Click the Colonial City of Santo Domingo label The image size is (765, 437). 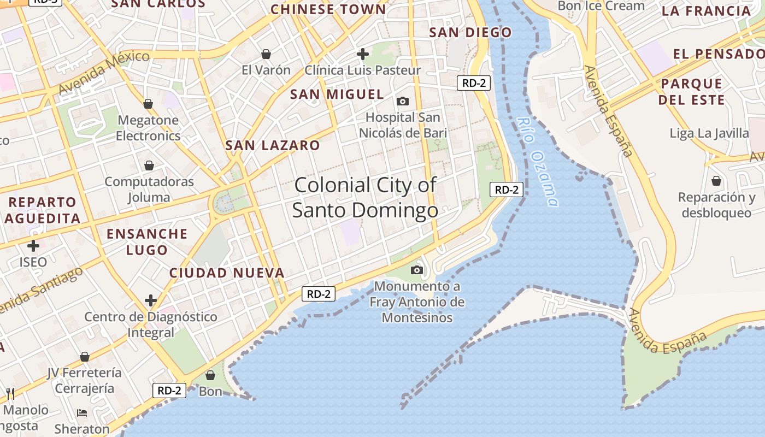pyautogui.click(x=365, y=197)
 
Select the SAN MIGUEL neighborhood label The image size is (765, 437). pyautogui.click(x=337, y=94)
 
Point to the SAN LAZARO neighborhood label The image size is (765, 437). pyautogui.click(x=273, y=145)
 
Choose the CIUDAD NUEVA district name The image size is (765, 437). pyautogui.click(x=227, y=273)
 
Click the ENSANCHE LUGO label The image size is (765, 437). pyautogui.click(x=147, y=242)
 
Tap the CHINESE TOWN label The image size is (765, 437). pyautogui.click(x=328, y=9)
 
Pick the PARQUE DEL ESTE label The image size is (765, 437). pyautogui.click(x=691, y=92)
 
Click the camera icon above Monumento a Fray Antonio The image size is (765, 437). pyautogui.click(x=417, y=270)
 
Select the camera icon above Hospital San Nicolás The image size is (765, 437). pyautogui.click(x=403, y=101)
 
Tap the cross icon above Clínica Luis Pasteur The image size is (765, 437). pyautogui.click(x=363, y=54)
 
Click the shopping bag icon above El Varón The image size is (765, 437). pyautogui.click(x=266, y=54)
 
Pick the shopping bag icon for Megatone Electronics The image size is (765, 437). pyautogui.click(x=148, y=103)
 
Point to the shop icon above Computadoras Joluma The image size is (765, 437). pyautogui.click(x=149, y=165)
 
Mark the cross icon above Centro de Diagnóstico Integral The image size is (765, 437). pyautogui.click(x=151, y=300)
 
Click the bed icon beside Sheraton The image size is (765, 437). pyautogui.click(x=82, y=412)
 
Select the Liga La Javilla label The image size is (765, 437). pyautogui.click(x=709, y=133)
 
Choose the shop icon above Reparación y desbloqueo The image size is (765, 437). pyautogui.click(x=716, y=180)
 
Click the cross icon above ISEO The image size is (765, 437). pyautogui.click(x=33, y=245)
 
